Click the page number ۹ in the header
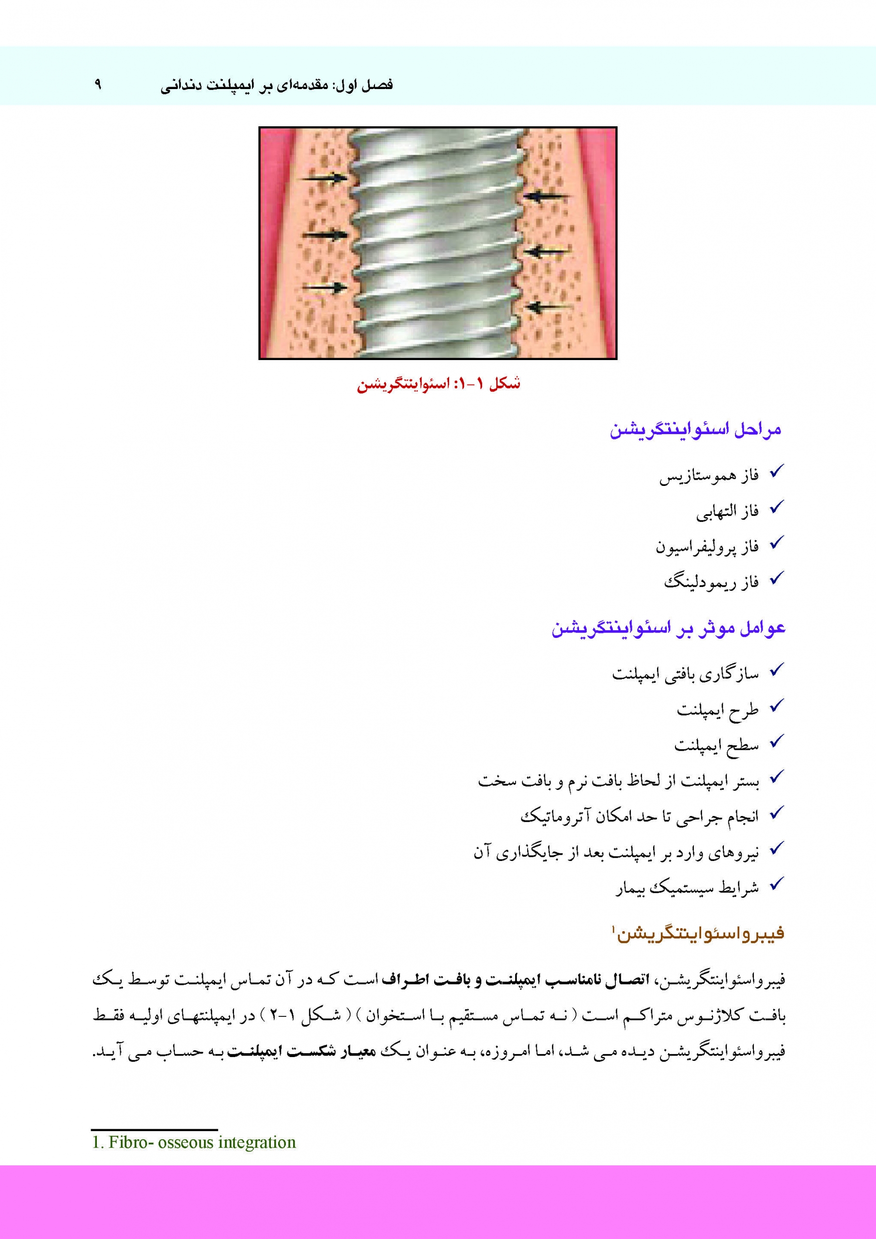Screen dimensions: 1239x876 [98, 84]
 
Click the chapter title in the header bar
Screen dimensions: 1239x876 [277, 86]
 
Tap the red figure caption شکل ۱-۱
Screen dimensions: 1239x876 [438, 384]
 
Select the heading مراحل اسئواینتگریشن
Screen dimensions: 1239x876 [696, 430]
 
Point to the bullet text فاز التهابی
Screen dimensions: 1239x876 [727, 512]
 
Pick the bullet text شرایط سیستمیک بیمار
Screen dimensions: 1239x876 [687, 888]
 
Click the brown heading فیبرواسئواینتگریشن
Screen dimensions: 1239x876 [698, 934]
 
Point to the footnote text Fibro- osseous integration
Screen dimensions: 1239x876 [194, 1142]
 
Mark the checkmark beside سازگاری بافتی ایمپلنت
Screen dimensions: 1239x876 [776, 671]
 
